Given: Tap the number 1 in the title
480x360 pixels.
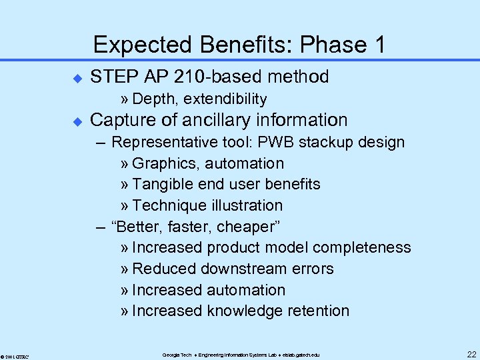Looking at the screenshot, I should point(379,45).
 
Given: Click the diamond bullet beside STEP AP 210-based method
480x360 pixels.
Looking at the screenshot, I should point(76,78).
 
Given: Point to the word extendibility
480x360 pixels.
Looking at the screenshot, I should point(225,99).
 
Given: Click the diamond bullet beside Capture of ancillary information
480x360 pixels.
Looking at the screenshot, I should point(76,121).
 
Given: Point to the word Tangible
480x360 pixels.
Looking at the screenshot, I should point(161,184).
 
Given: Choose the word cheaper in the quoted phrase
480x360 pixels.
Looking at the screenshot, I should point(246,227).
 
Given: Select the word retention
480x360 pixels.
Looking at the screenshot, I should point(317,311).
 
